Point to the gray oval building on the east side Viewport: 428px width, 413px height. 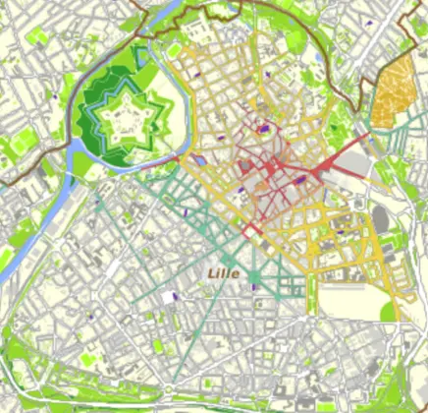click(381, 218)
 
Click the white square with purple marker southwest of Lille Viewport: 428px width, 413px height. click(177, 294)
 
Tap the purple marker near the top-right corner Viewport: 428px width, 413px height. click(368, 20)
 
